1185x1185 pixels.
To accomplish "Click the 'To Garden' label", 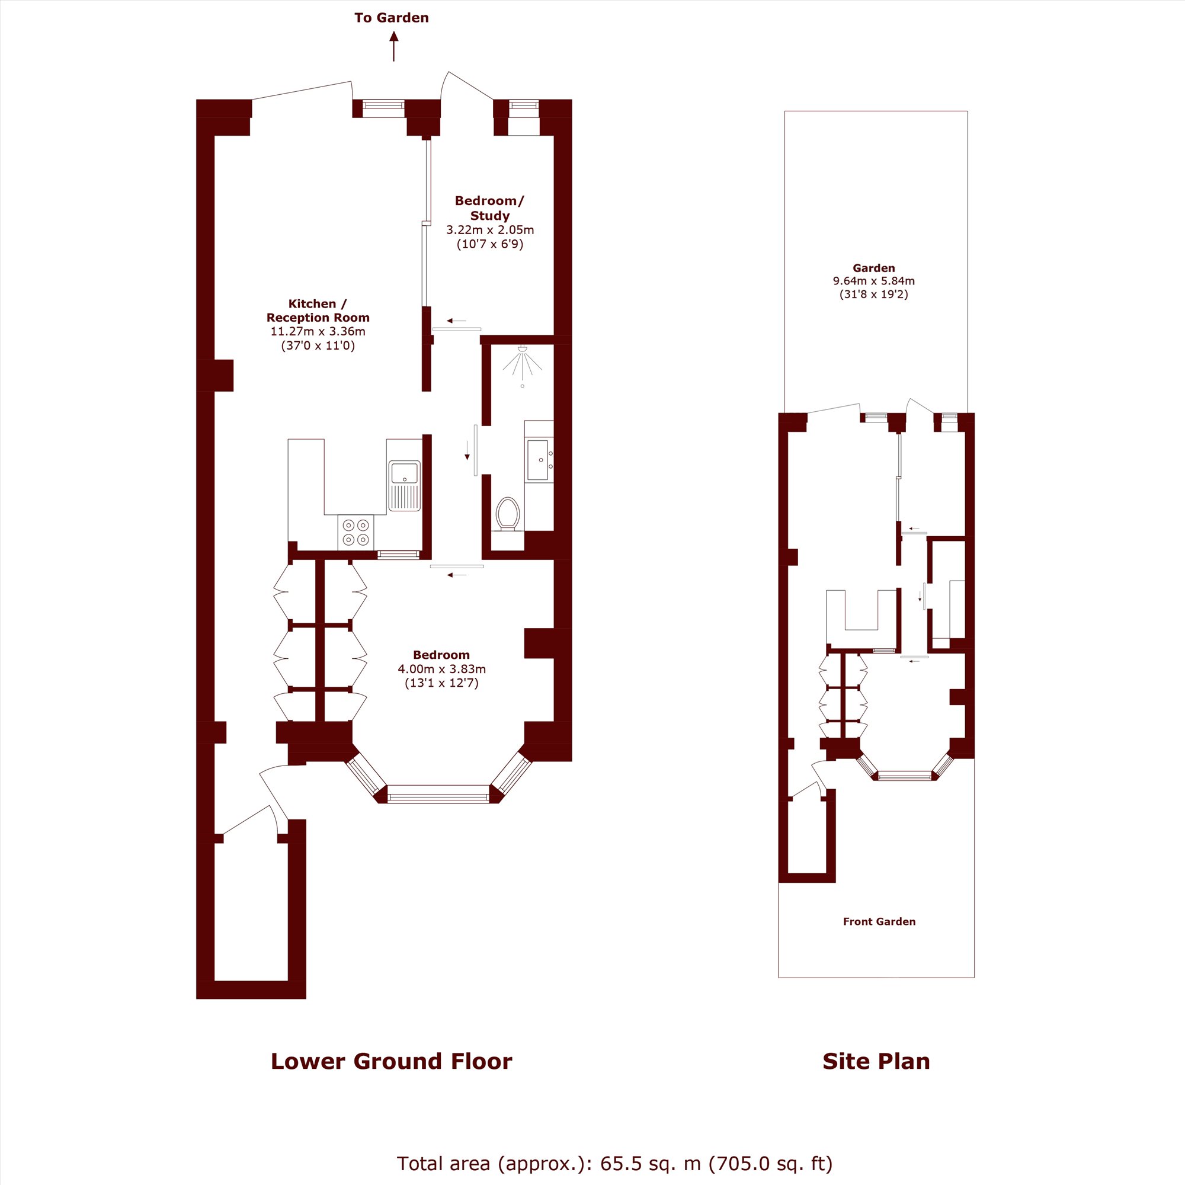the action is point(391,18).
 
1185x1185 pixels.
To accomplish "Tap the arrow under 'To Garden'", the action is point(394,47).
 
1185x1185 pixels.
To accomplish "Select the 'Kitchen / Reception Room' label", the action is point(318,310).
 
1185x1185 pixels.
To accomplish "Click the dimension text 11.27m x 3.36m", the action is point(318,331).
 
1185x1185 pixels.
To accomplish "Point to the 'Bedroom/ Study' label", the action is point(489,208).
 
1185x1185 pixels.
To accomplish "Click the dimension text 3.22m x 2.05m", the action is point(490,230).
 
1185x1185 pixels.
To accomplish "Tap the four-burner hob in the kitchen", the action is point(355,532).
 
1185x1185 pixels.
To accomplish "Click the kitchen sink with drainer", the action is point(404,485).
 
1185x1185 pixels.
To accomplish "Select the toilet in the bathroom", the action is point(508,513).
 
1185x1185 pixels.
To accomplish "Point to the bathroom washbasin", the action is point(539,460).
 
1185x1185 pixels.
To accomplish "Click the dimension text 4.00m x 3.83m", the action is point(441,668).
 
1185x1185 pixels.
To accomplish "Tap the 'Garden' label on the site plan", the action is point(873,268).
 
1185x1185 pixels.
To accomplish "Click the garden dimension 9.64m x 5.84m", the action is point(873,281).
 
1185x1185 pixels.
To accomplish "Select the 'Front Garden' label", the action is point(879,921).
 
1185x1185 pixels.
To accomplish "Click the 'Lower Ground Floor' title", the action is point(391,1061).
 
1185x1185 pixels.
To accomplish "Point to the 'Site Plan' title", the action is point(876,1061).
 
